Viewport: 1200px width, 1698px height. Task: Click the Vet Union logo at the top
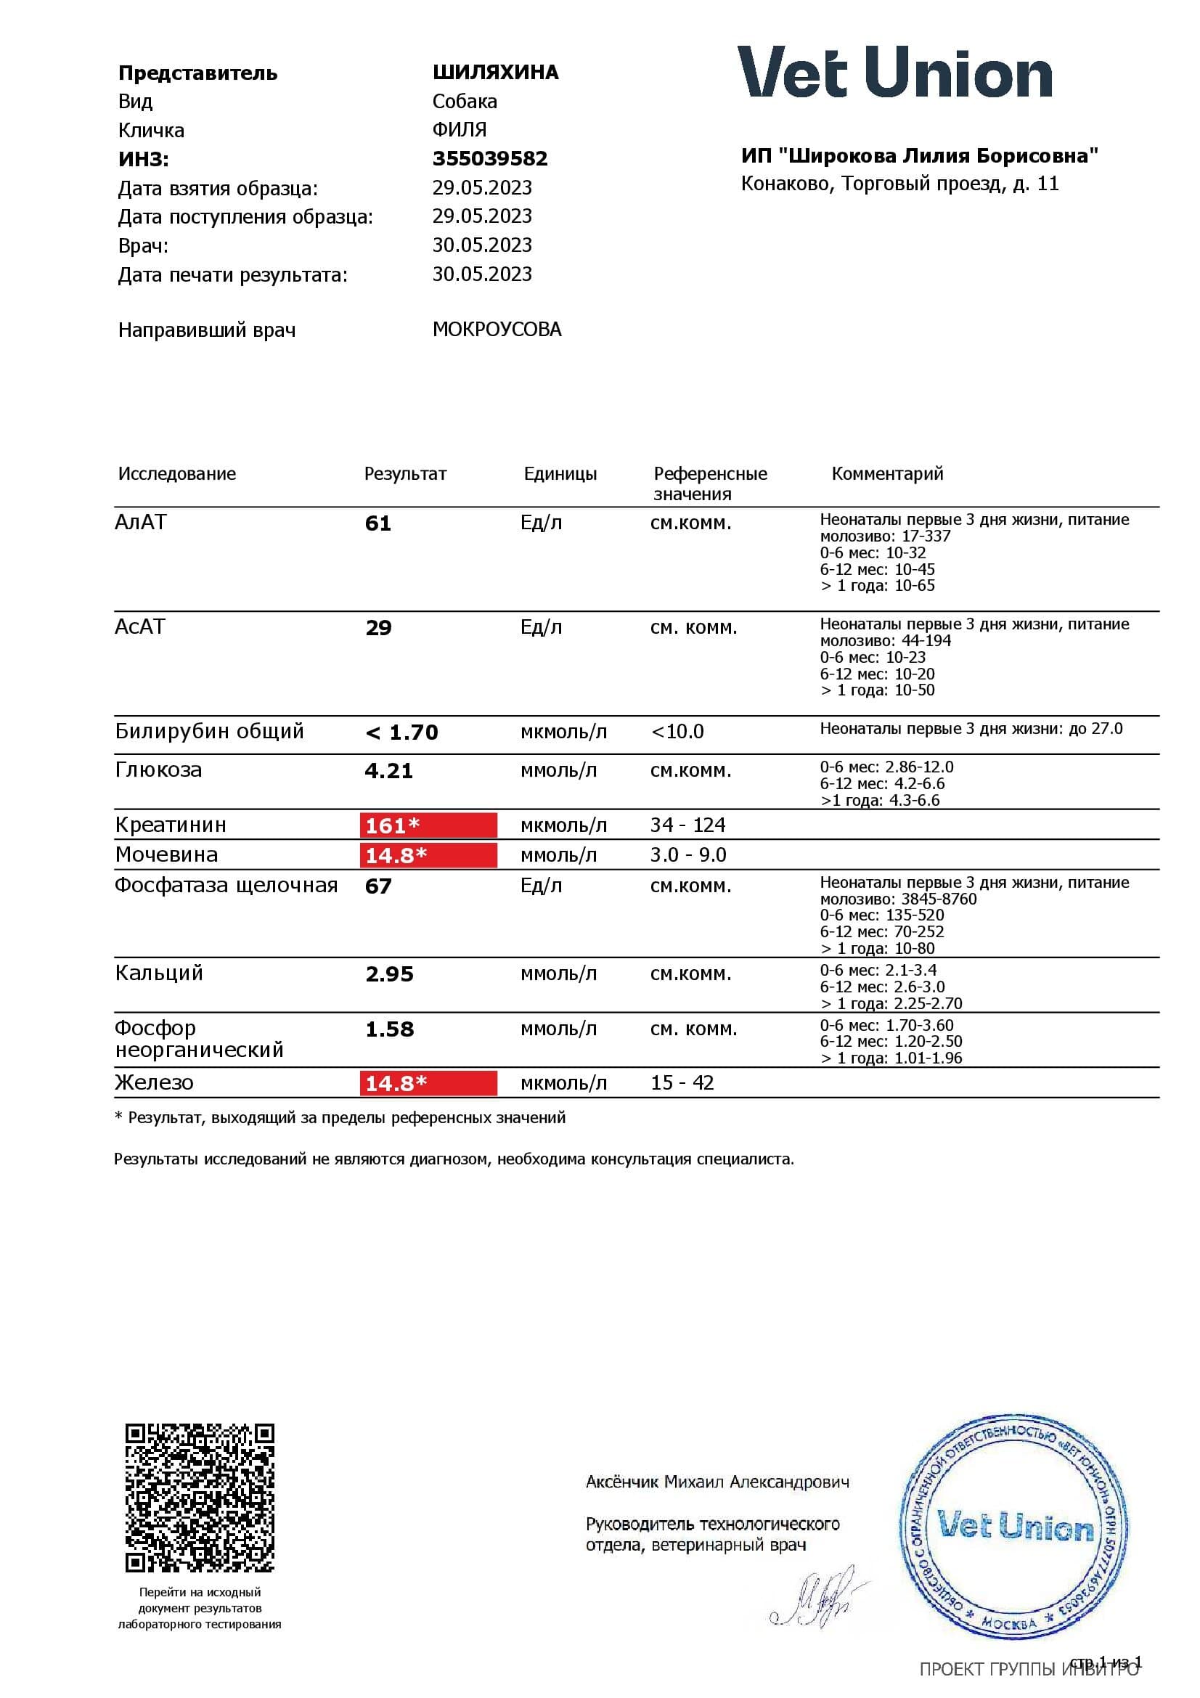click(894, 72)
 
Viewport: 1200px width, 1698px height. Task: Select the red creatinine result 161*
click(428, 825)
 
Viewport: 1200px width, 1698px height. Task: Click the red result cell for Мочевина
click(428, 856)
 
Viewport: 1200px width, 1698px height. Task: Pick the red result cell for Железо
click(428, 1083)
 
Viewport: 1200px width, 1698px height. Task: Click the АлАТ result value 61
click(377, 523)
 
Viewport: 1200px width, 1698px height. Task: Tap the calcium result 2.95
click(390, 974)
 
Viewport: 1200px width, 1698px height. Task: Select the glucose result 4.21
click(389, 771)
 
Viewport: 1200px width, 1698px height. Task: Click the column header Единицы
click(560, 473)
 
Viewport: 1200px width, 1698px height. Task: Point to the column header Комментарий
click(886, 473)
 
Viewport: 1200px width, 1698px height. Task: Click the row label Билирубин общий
click(209, 732)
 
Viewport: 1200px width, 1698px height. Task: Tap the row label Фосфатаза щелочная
click(226, 885)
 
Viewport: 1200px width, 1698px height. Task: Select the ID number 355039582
click(489, 158)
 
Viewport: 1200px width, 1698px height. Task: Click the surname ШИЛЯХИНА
click(495, 73)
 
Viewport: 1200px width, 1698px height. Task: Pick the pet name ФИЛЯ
click(459, 129)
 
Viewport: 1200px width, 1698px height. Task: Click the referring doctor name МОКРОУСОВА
click(497, 329)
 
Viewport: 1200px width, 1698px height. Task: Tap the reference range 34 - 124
click(687, 825)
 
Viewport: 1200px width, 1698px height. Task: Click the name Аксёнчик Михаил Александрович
click(717, 1482)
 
